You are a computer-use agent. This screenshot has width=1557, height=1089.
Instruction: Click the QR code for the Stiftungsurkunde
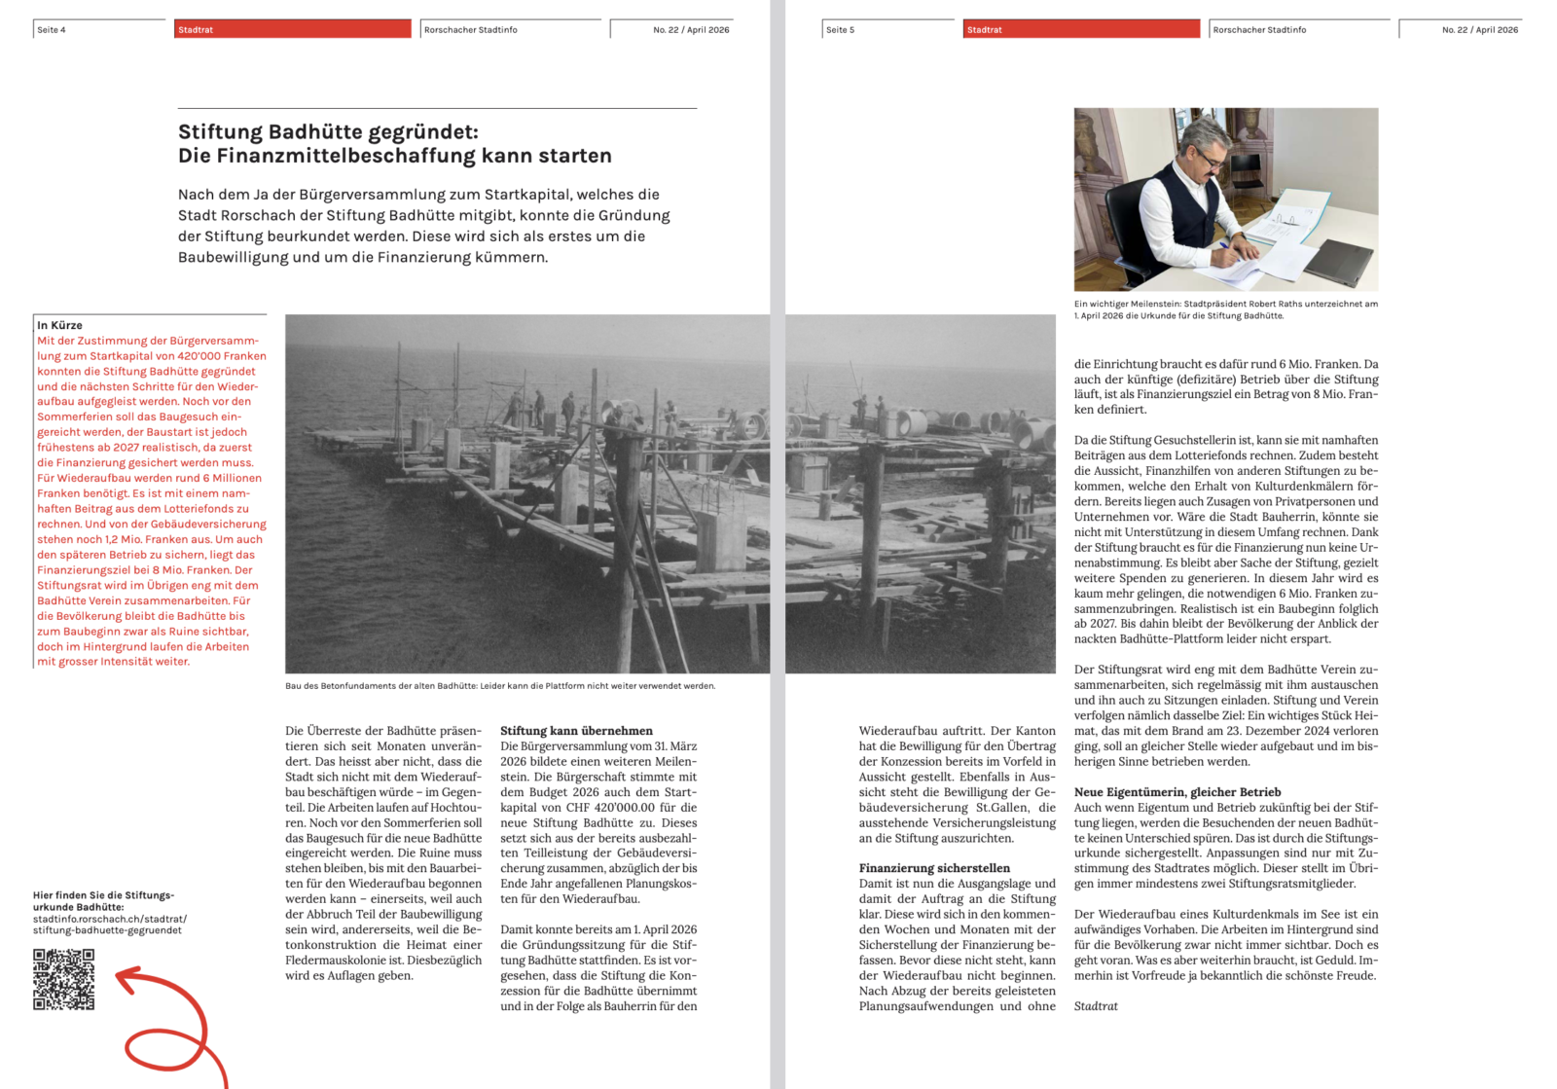(64, 979)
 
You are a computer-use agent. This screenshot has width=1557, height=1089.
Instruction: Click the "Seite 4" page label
(52, 30)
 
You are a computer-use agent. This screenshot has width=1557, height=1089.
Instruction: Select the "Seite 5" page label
(841, 30)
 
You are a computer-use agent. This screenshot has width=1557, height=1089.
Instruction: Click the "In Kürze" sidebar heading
(59, 325)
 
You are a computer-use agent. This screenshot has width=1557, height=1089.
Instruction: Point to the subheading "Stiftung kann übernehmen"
(576, 731)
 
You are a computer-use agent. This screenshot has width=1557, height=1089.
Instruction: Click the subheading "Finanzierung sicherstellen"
(934, 868)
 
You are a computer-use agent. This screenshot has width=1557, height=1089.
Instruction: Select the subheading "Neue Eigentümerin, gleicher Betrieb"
(1177, 792)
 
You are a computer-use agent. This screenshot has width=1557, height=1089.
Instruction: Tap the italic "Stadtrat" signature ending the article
(1096, 1006)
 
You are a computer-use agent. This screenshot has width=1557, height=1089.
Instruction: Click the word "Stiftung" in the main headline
(220, 132)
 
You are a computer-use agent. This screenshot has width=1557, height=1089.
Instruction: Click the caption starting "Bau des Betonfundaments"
(500, 686)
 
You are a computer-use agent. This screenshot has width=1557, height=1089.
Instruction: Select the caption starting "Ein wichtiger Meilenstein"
(1225, 309)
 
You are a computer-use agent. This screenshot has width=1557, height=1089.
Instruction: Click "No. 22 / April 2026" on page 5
(1479, 30)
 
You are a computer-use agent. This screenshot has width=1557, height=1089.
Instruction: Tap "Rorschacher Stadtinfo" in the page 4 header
(471, 30)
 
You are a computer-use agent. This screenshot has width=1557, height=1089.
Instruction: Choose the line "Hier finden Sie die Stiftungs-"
(103, 895)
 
